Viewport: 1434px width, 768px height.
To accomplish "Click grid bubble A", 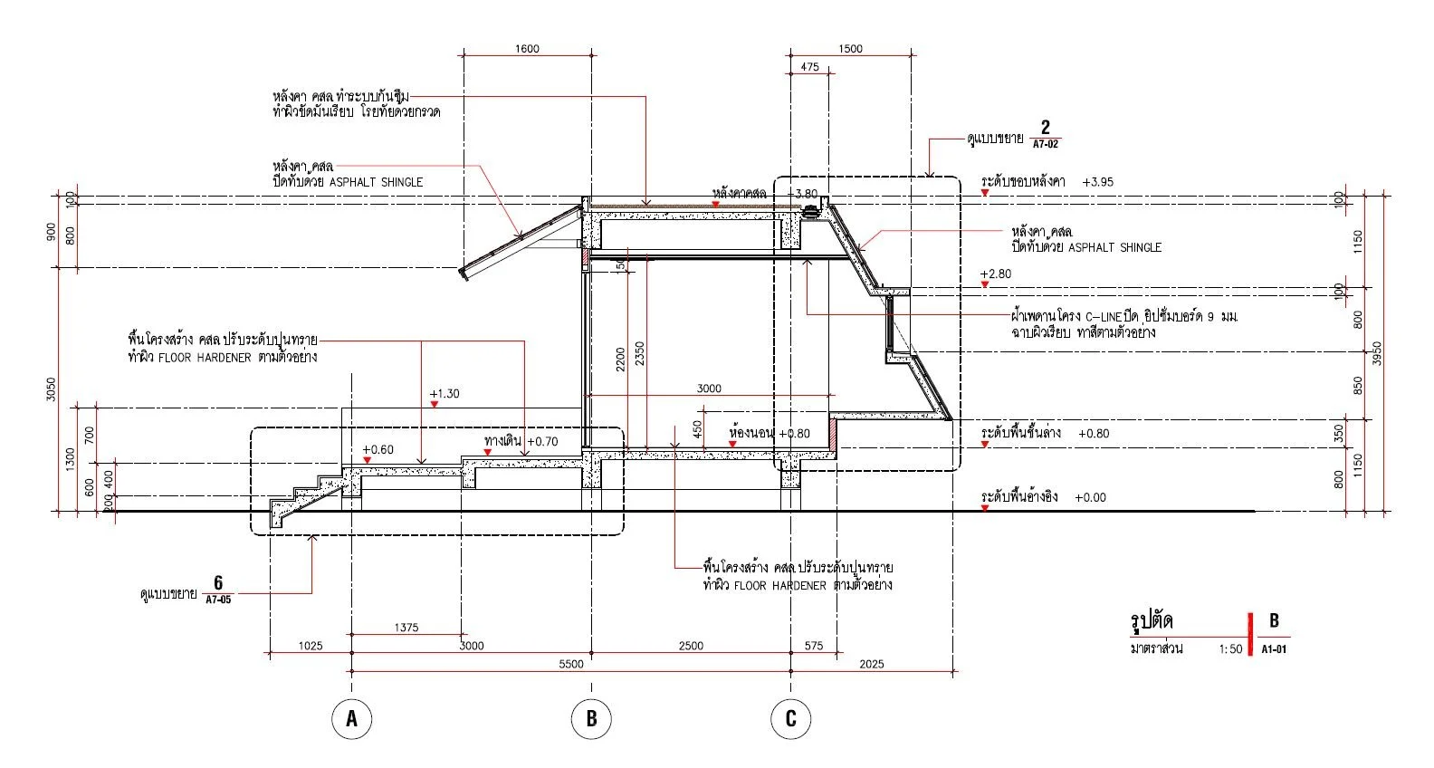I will pyautogui.click(x=351, y=719).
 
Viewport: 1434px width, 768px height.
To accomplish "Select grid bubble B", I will pyautogui.click(x=591, y=719).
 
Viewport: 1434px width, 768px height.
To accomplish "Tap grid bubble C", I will pyautogui.click(x=790, y=719).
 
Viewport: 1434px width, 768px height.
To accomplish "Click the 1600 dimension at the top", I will pyautogui.click(x=527, y=49).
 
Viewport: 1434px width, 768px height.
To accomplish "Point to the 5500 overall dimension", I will pyautogui.click(x=571, y=664).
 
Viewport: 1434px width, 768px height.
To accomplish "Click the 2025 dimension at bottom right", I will pyautogui.click(x=871, y=664).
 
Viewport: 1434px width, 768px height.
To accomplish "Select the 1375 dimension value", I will pyautogui.click(x=406, y=628).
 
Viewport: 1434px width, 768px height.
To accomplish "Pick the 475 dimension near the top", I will pyautogui.click(x=810, y=67).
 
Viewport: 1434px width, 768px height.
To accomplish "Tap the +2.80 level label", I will pyautogui.click(x=996, y=274).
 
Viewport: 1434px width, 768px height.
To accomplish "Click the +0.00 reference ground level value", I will pyautogui.click(x=1090, y=497).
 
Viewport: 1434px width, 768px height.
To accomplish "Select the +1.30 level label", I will pyautogui.click(x=445, y=394).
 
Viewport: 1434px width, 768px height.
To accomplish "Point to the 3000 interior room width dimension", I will pyautogui.click(x=709, y=389).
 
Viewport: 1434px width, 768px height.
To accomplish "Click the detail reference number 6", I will pyautogui.click(x=218, y=582).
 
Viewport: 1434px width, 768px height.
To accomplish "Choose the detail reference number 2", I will pyautogui.click(x=1045, y=127).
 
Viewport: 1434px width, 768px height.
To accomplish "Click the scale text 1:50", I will pyautogui.click(x=1230, y=649).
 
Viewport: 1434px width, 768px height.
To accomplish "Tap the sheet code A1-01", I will pyautogui.click(x=1274, y=649).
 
